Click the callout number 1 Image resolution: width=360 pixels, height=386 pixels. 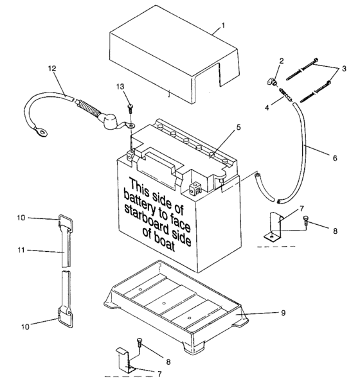point(223,25)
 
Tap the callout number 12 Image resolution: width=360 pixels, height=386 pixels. point(52,68)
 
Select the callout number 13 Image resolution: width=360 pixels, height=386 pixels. point(120,87)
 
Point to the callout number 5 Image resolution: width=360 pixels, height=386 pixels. point(238,127)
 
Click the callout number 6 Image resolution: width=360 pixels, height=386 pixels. point(335,158)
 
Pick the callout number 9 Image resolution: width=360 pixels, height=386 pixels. point(283,313)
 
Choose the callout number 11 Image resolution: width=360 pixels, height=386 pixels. point(21,250)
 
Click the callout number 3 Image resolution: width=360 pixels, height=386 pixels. point(344,69)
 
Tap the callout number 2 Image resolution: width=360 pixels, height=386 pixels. point(282,60)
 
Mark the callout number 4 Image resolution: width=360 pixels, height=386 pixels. point(267,107)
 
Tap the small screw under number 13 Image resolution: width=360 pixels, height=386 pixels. point(130,108)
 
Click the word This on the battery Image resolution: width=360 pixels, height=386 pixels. point(139,187)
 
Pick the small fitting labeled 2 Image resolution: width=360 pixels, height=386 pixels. point(271,81)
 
